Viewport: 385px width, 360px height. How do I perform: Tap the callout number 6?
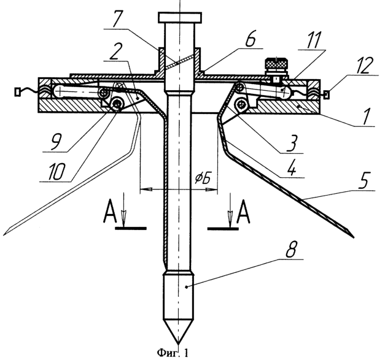pyautogui.click(x=250, y=39)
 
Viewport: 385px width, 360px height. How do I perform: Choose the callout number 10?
pyautogui.click(x=56, y=172)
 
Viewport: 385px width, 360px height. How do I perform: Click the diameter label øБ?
pyautogui.click(x=203, y=179)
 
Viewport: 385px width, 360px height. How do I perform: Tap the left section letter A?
pyautogui.click(x=109, y=212)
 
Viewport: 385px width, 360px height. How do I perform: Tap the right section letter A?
pyautogui.click(x=243, y=212)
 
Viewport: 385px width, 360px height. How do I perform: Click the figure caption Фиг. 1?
pyautogui.click(x=173, y=353)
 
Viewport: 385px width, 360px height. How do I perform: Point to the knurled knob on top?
pyautogui.click(x=276, y=64)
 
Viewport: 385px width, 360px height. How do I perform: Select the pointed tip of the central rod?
pyautogui.click(x=178, y=343)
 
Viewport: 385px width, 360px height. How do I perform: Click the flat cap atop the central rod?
pyautogui.click(x=181, y=17)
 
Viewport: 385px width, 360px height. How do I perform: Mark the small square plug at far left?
pyautogui.click(x=17, y=93)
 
